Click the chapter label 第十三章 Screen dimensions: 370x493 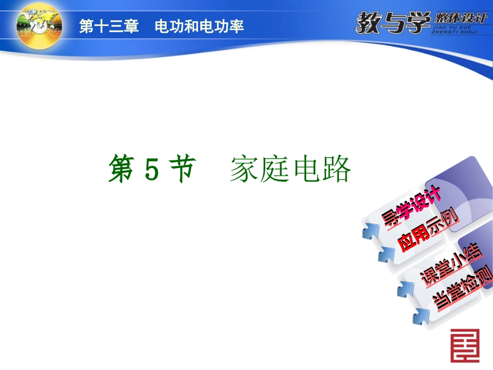108,27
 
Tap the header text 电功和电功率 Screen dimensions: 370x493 199,27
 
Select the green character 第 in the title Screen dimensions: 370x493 122,170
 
